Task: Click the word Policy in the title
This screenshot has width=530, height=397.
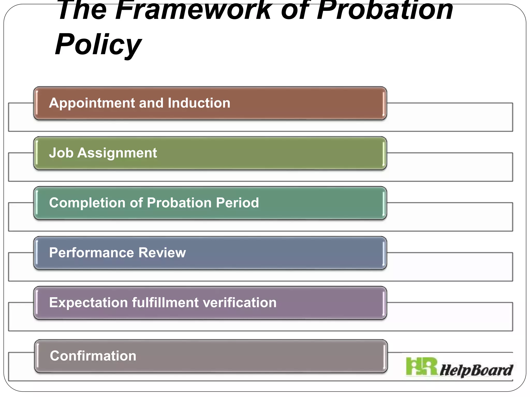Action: point(98,44)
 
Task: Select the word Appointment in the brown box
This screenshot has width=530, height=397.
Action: point(92,103)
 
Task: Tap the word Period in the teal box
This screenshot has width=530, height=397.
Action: point(237,203)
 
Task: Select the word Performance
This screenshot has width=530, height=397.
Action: point(91,253)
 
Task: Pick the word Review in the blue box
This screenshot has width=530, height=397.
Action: point(162,253)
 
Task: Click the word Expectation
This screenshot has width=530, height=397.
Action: point(88,303)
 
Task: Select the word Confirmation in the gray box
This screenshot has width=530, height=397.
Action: point(93,356)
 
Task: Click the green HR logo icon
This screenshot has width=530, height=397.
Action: point(422,366)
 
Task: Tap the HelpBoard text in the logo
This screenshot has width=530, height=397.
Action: point(476,370)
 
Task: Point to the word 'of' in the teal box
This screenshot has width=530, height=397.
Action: point(136,203)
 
